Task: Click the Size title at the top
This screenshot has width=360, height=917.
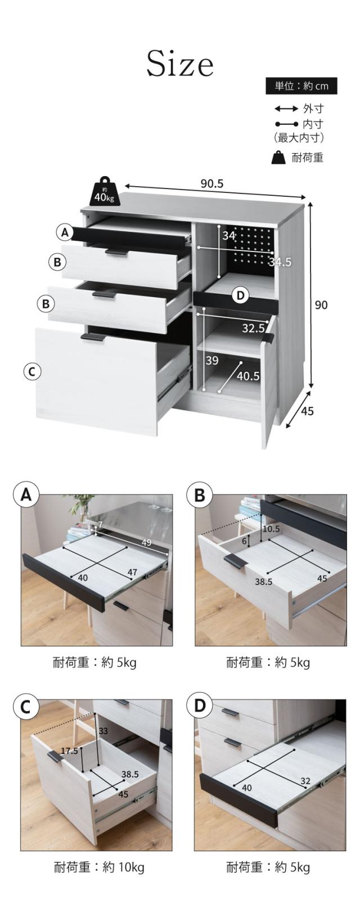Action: [180, 64]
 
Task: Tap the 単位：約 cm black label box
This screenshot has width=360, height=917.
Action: [301, 86]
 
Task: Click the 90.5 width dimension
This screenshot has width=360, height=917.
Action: [212, 184]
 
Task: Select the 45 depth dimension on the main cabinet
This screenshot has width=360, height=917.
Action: [307, 411]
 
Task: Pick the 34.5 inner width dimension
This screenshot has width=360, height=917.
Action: [280, 262]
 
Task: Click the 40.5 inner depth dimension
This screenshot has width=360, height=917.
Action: [249, 376]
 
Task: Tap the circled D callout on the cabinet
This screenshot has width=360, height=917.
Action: [241, 295]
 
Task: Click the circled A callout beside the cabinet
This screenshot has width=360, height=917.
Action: [64, 233]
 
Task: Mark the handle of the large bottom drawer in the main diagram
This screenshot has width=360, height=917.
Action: [92, 337]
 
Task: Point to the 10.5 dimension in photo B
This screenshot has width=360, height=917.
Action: [271, 529]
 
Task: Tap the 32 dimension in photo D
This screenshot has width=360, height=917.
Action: [305, 781]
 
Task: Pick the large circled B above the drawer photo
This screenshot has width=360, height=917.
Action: [200, 495]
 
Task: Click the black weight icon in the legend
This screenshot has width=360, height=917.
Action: [278, 157]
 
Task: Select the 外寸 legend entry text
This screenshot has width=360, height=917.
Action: [313, 109]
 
